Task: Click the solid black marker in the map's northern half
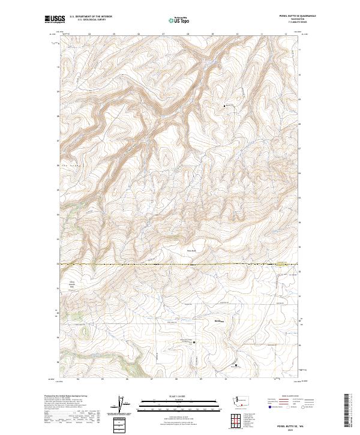click(x=224, y=106)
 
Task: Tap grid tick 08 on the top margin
click(x=188, y=35)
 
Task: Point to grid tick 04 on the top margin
click(x=89, y=35)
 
